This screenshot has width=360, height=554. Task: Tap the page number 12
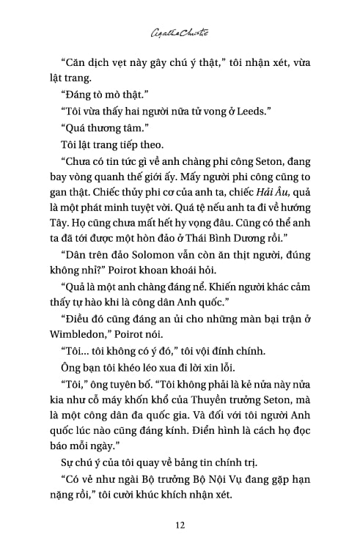[x=180, y=525]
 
